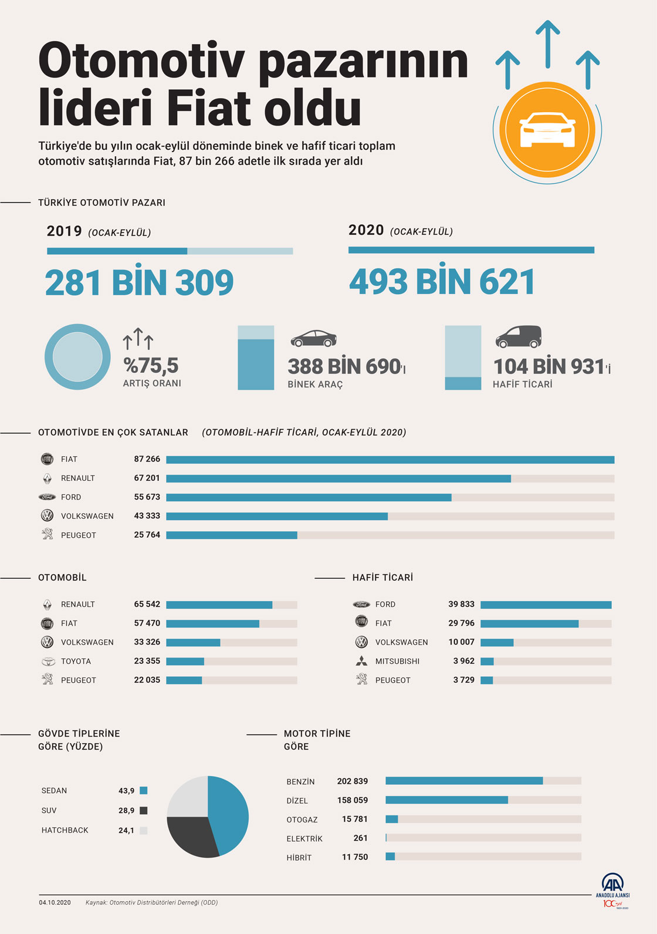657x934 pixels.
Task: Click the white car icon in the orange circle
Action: [x=547, y=129]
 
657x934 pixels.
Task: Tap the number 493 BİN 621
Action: [x=442, y=282]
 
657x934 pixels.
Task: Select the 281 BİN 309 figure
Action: [x=139, y=283]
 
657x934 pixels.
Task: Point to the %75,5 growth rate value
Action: [x=151, y=365]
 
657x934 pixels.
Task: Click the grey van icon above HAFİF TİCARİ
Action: [x=518, y=337]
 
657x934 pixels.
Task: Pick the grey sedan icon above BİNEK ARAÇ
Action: [x=314, y=338]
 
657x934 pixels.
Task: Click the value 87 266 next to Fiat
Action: [x=147, y=459]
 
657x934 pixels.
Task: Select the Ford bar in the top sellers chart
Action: [x=309, y=497]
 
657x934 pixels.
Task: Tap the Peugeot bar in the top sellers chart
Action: [x=232, y=535]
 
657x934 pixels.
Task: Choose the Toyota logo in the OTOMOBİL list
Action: [x=48, y=661]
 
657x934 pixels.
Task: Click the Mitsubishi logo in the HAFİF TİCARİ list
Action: [x=361, y=661]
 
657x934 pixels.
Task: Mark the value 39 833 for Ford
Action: [x=461, y=604]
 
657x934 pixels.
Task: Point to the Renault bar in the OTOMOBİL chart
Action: [x=219, y=605]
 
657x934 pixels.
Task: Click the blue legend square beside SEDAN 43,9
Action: [x=144, y=791]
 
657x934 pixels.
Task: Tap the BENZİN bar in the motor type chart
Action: [x=464, y=781]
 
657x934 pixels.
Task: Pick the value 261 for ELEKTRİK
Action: [x=361, y=838]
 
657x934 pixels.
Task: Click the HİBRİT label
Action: [x=299, y=858]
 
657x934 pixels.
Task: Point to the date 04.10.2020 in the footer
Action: [x=55, y=902]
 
